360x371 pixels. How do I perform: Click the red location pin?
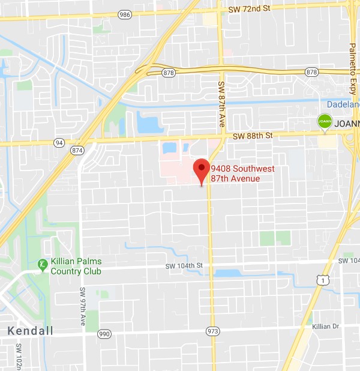pos(201,171)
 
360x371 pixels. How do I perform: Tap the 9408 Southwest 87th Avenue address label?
pos(235,173)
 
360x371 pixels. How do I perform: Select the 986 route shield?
pos(125,13)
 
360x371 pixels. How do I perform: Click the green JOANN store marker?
pos(325,122)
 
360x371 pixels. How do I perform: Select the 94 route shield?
pos(59,143)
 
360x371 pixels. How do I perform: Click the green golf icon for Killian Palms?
pos(43,264)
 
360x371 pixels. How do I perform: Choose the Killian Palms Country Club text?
pos(76,266)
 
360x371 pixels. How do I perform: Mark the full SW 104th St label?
pos(185,265)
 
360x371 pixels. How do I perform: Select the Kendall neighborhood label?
pos(30,331)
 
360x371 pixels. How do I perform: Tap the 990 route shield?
pos(104,333)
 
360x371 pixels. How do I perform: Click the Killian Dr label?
pos(326,326)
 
